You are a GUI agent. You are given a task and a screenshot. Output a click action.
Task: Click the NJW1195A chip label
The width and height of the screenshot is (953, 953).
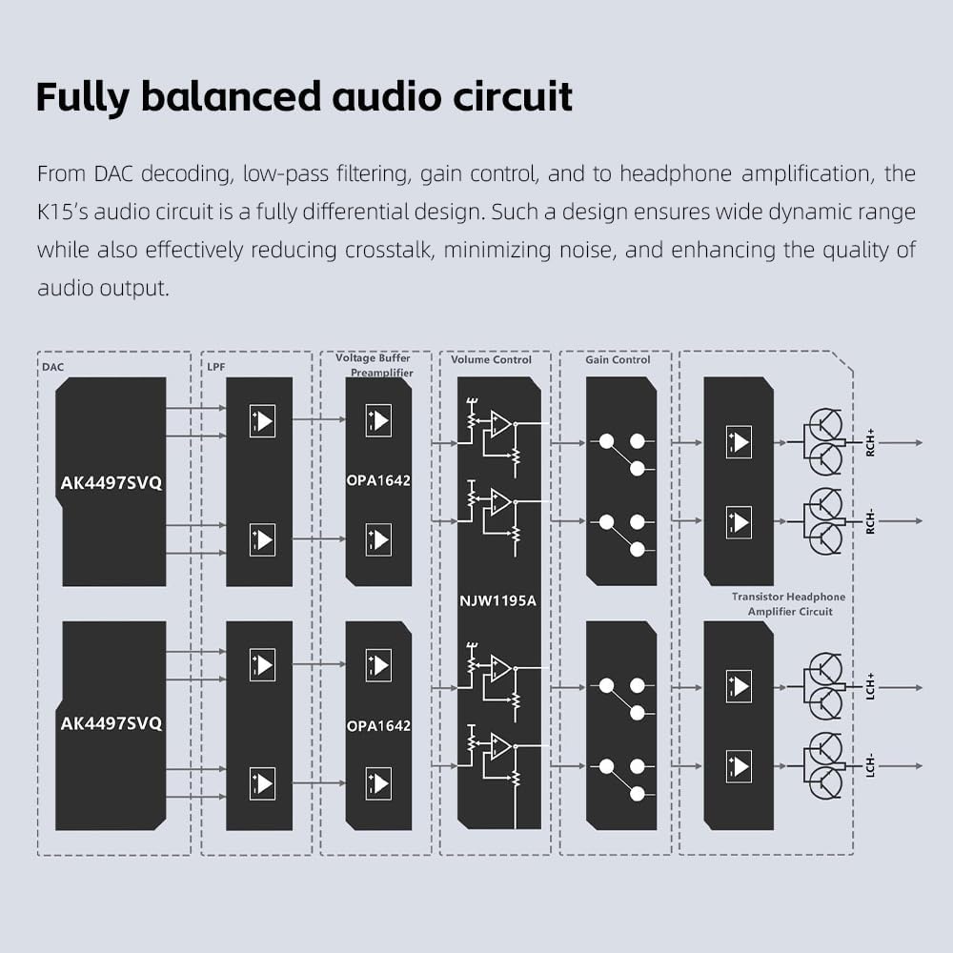pyautogui.click(x=497, y=601)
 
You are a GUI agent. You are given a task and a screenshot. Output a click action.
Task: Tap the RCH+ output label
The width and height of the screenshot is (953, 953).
pyautogui.click(x=870, y=442)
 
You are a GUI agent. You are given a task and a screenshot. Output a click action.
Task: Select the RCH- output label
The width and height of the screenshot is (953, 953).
pyautogui.click(x=870, y=521)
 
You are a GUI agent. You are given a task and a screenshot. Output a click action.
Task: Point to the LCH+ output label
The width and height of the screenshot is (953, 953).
pyautogui.click(x=870, y=687)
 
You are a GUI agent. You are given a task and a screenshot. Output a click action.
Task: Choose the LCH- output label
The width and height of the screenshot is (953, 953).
pyautogui.click(x=870, y=765)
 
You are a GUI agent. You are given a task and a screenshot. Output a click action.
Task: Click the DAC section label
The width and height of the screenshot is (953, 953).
pyautogui.click(x=52, y=367)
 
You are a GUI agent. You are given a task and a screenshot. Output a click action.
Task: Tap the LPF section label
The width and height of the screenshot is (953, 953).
pyautogui.click(x=215, y=367)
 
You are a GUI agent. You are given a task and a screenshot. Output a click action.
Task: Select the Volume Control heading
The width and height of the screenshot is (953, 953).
pyautogui.click(x=491, y=360)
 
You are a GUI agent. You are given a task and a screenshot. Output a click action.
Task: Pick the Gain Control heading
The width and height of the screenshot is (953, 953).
pyautogui.click(x=618, y=360)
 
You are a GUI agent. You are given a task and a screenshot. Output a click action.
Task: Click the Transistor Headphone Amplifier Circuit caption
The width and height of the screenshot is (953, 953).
pyautogui.click(x=789, y=604)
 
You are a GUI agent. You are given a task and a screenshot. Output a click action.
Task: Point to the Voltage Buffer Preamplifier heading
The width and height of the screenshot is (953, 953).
pyautogui.click(x=375, y=365)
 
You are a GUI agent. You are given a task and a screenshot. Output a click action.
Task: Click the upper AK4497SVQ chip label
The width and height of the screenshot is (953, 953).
pyautogui.click(x=112, y=483)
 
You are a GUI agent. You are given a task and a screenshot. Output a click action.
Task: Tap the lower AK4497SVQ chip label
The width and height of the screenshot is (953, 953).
pyautogui.click(x=112, y=723)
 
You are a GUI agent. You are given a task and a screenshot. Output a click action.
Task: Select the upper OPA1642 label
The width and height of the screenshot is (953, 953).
pyautogui.click(x=378, y=480)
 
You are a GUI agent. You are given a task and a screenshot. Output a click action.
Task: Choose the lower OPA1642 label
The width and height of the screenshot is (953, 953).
pyautogui.click(x=378, y=725)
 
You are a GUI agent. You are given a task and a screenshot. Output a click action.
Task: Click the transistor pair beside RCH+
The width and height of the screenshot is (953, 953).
pyautogui.click(x=822, y=442)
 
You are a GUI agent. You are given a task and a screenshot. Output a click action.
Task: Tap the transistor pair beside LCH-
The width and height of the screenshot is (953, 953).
pyautogui.click(x=822, y=765)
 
